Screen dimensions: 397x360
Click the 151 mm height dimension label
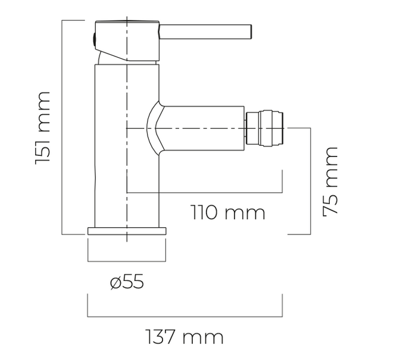(42, 129)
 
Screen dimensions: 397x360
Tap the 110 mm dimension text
(227, 212)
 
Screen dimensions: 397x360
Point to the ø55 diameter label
(127, 281)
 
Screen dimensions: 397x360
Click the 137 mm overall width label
(185, 337)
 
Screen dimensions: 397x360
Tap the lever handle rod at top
(205, 32)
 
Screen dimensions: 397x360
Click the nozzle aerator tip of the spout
(264, 128)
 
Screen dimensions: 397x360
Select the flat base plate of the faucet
(127, 231)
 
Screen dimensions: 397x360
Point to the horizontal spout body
(202, 129)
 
